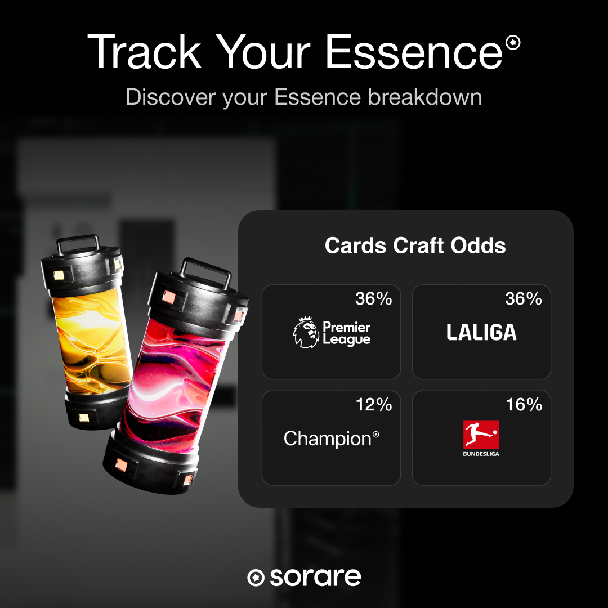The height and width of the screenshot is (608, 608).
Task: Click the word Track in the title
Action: coord(145,52)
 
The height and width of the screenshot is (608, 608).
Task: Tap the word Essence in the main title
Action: coord(414,52)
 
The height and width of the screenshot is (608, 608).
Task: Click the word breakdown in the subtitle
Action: coord(425,97)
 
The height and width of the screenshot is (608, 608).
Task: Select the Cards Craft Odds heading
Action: coord(415,245)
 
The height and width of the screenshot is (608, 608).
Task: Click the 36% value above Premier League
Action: coord(373,299)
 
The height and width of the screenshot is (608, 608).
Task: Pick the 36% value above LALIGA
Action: coord(524,299)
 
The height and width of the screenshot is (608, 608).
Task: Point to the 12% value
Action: coord(374,405)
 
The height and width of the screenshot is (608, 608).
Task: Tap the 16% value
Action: coord(524,405)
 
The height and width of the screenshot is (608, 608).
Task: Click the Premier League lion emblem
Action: coord(306,332)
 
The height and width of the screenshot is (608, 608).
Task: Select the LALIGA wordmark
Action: coord(481,332)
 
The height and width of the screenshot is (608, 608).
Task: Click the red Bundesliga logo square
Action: coord(481,434)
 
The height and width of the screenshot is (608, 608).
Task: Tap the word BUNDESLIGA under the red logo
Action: coord(481,454)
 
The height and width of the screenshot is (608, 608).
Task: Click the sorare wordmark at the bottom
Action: coord(316,578)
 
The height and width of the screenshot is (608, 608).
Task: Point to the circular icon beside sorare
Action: coord(256,578)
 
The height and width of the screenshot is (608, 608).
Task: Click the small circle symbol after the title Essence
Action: coord(513,42)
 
